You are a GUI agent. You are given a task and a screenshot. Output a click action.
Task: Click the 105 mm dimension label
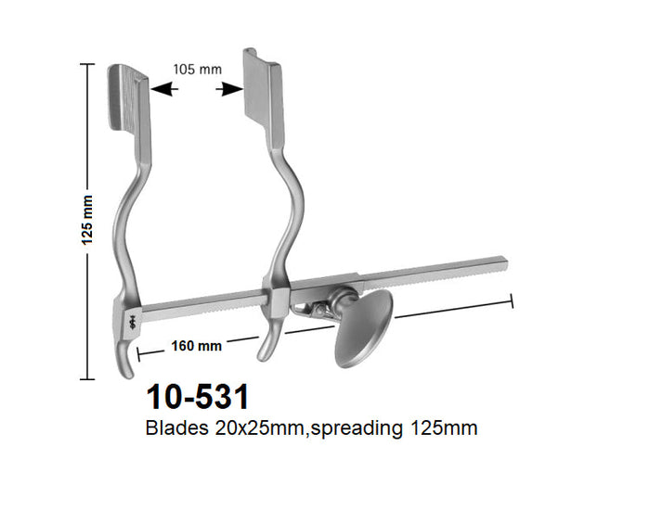tap(196, 69)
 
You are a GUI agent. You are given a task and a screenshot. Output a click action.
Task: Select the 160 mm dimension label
tap(196, 346)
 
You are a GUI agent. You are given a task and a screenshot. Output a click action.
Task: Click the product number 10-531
tap(198, 398)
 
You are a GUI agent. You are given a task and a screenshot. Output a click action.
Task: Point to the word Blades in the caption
tap(173, 429)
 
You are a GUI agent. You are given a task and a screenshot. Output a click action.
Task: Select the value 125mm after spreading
tap(442, 429)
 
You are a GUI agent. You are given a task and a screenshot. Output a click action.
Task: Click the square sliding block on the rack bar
tap(275, 300)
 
